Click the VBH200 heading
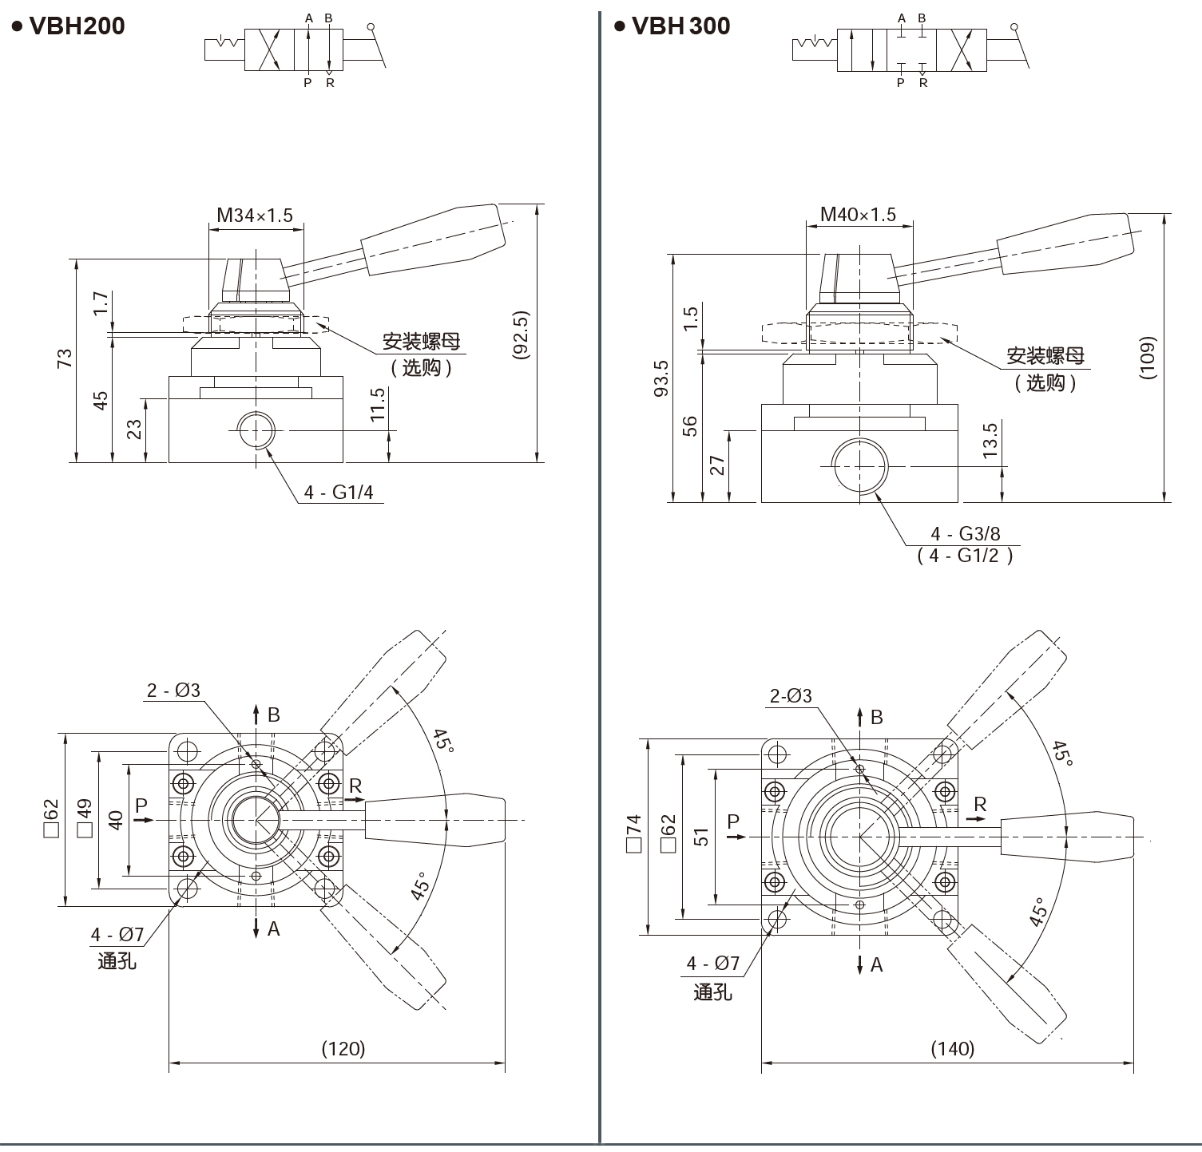(x=76, y=26)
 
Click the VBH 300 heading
(x=680, y=26)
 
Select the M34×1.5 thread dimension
(x=255, y=215)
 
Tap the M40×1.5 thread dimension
(x=858, y=214)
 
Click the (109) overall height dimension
(x=1148, y=357)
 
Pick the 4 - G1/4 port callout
(x=338, y=492)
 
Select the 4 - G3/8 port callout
(x=965, y=533)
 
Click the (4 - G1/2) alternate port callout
(x=965, y=556)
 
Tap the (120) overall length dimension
(x=343, y=1048)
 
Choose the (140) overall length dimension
(x=952, y=1048)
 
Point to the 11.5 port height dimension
(x=378, y=404)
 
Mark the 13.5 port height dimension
(x=990, y=440)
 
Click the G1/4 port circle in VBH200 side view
(x=256, y=431)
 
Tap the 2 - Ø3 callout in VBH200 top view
(x=173, y=691)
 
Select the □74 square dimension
(x=634, y=834)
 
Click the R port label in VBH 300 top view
(x=980, y=805)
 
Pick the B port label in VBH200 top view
(x=273, y=715)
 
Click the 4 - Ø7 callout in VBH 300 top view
(x=712, y=964)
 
